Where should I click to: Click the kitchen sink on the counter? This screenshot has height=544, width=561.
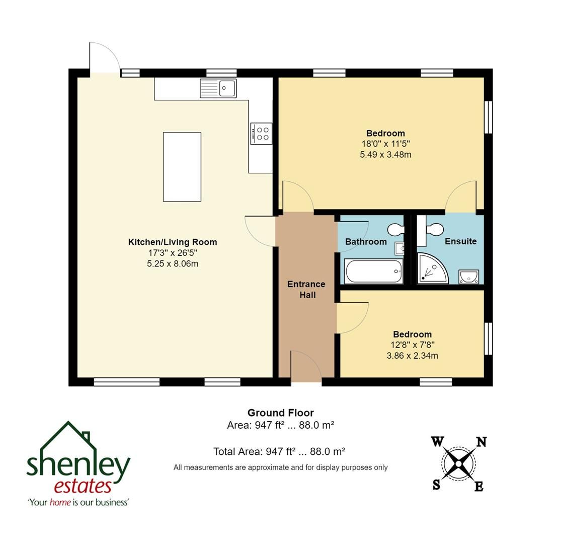click(x=218, y=88)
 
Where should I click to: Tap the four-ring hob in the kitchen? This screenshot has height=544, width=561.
click(x=262, y=133)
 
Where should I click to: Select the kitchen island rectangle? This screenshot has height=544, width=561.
click(x=182, y=167)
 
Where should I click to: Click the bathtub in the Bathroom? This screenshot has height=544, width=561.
click(x=373, y=271)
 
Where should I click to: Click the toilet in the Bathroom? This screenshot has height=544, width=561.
click(x=396, y=230)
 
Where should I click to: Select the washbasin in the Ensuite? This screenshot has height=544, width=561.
click(x=468, y=276)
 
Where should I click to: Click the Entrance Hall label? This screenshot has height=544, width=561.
click(x=306, y=289)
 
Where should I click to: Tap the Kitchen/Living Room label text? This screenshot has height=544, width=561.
click(x=173, y=242)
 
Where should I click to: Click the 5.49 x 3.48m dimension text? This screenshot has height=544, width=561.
click(x=385, y=155)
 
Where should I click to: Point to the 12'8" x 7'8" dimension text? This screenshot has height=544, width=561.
click(x=412, y=345)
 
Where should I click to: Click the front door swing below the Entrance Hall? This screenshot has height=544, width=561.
click(x=305, y=367)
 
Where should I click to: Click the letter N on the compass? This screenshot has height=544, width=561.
click(x=481, y=442)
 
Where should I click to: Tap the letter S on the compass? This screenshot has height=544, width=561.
click(x=436, y=485)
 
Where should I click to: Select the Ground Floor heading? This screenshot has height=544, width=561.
click(x=280, y=413)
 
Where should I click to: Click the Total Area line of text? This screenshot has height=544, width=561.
click(x=279, y=452)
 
